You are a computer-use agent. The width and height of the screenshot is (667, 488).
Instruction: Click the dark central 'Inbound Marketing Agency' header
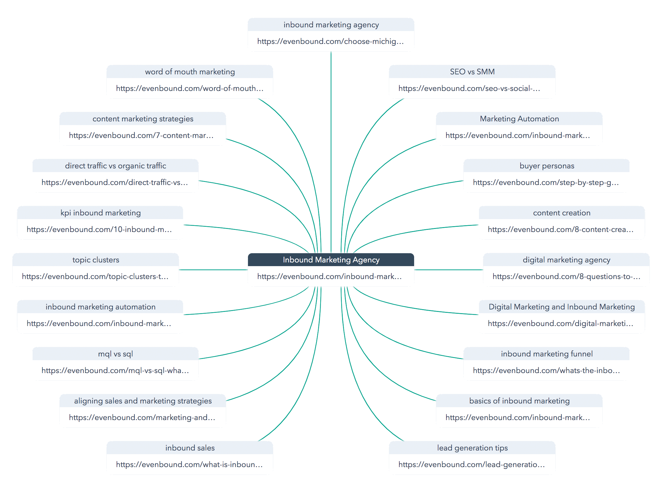pos(331,260)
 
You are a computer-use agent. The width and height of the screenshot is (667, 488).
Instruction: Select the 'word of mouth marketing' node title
pos(190,72)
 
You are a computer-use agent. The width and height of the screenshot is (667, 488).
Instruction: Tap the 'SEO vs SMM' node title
pos(472,72)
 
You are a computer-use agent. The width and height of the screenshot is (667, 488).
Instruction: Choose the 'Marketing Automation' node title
pos(519,119)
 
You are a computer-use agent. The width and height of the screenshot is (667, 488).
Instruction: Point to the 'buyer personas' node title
pos(547,166)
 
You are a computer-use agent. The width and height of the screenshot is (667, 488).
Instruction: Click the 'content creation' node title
pos(562,213)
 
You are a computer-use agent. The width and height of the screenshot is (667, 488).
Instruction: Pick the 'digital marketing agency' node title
pos(566,260)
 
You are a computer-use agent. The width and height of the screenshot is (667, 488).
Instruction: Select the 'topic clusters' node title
pos(96,260)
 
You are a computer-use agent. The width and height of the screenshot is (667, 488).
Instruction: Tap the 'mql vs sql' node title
pos(115,354)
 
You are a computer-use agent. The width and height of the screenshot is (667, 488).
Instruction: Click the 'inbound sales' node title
pos(190,448)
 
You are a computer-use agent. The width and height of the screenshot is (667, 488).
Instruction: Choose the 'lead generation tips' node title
pos(472,448)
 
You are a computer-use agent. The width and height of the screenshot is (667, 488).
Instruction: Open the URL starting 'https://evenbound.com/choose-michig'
pos(330,41)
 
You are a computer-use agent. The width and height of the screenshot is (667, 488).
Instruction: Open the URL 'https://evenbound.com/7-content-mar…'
pos(141,136)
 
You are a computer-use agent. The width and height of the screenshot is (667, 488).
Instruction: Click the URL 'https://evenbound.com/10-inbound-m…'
pos(99,230)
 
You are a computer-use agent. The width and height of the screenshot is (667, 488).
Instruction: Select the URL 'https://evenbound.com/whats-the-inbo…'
pos(546,371)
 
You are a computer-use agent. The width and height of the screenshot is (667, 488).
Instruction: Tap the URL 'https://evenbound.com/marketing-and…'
pos(142,418)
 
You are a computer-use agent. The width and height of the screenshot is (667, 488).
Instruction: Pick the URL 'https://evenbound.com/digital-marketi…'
pos(561,324)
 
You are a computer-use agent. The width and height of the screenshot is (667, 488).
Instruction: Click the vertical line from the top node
pos(331,152)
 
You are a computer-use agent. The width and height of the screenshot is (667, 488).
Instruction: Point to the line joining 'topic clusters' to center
pos(214,270)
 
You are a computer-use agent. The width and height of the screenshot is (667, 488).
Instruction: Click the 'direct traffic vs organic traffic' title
pos(115,166)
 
